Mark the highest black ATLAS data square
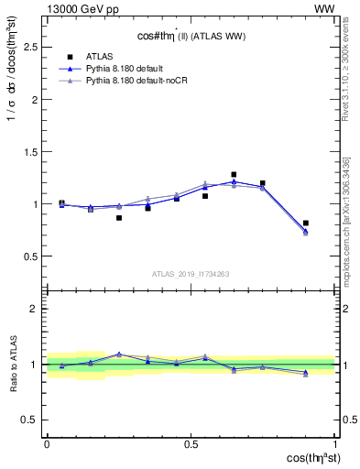[x=234, y=174]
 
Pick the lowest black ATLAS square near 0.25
[x=119, y=218]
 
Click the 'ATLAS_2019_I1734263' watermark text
[x=191, y=273]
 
